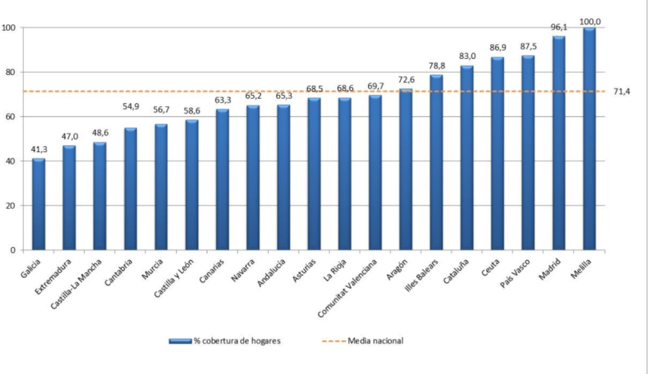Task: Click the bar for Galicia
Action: pos(38,204)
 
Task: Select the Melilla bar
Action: pos(589,139)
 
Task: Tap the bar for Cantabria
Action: pos(130,189)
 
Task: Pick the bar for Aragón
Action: pos(406,169)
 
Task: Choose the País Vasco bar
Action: pos(528,153)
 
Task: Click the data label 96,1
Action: pos(559,28)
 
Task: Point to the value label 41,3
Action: pos(39,149)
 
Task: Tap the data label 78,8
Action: pos(437,65)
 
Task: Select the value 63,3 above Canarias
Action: pos(223,100)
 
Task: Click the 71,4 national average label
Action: pos(622,92)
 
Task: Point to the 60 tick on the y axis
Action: pos(10,117)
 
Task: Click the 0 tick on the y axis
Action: pos(13,250)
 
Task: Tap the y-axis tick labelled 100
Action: pos(9,28)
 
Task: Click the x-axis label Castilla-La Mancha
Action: pos(76,284)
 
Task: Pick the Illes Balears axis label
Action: pos(421,275)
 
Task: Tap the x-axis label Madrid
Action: pos(550,269)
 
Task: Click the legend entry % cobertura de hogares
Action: pos(225,341)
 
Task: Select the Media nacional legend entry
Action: pos(363,341)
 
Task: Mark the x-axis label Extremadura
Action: pos(53,277)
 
